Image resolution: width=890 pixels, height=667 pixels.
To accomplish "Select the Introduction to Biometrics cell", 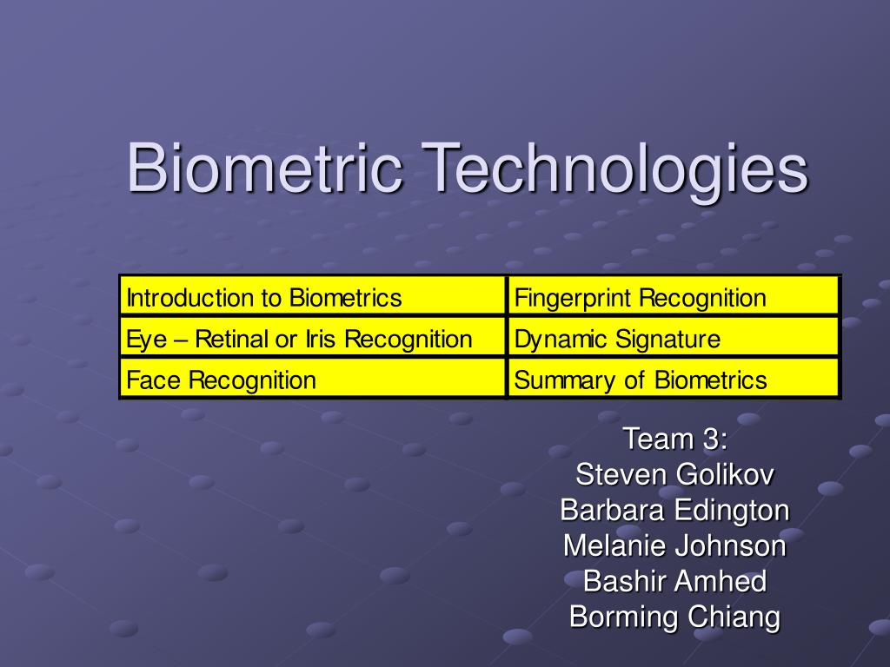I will click(x=312, y=298).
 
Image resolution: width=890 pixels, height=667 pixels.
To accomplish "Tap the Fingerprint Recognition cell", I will click(x=674, y=298).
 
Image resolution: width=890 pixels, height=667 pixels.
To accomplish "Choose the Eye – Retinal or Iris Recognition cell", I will click(x=312, y=339).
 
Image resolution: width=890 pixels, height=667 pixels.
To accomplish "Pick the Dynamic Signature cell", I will click(x=674, y=339).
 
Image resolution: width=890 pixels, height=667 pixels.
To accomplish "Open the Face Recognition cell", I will click(x=312, y=380).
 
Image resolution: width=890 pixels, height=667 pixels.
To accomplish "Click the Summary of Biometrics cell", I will click(x=674, y=380).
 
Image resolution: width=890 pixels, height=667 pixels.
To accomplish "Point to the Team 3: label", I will click(x=674, y=439).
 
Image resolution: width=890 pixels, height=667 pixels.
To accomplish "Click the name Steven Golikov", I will click(x=674, y=475).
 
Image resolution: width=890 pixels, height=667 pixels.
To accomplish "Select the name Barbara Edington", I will click(x=674, y=511).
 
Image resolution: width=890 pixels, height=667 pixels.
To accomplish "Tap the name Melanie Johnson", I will click(x=674, y=546).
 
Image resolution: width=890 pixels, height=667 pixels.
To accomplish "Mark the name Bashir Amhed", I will click(x=674, y=582).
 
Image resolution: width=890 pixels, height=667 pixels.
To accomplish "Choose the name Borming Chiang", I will click(x=674, y=617).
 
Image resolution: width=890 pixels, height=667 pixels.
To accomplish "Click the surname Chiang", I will click(x=734, y=617).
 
